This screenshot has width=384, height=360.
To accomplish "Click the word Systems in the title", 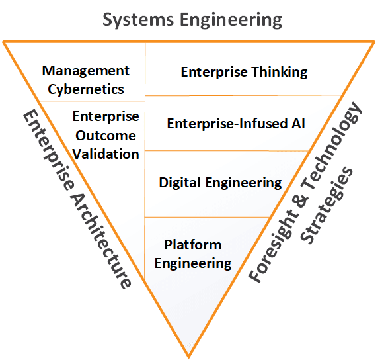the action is coord(138,21).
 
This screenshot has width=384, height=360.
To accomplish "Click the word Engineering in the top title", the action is coord(231,21).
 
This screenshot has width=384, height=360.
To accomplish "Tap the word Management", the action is coord(86,71).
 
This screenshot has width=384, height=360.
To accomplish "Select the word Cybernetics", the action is coord(86,89).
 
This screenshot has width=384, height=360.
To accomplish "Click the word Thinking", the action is coord(280,73).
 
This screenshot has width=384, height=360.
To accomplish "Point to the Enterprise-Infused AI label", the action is coord(236,124).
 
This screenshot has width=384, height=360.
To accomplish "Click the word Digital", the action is coord(180,183).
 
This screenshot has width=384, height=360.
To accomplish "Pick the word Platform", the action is coord(193,245).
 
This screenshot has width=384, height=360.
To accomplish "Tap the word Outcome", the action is coord(106,136).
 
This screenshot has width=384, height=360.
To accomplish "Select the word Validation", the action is coord(106,154).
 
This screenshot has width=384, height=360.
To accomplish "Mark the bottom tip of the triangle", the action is coord(188,357).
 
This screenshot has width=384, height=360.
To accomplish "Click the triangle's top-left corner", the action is coord(4,42).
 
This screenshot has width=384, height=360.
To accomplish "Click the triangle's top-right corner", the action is coord(373,42).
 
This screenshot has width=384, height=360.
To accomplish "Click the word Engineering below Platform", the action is coord(193,263).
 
